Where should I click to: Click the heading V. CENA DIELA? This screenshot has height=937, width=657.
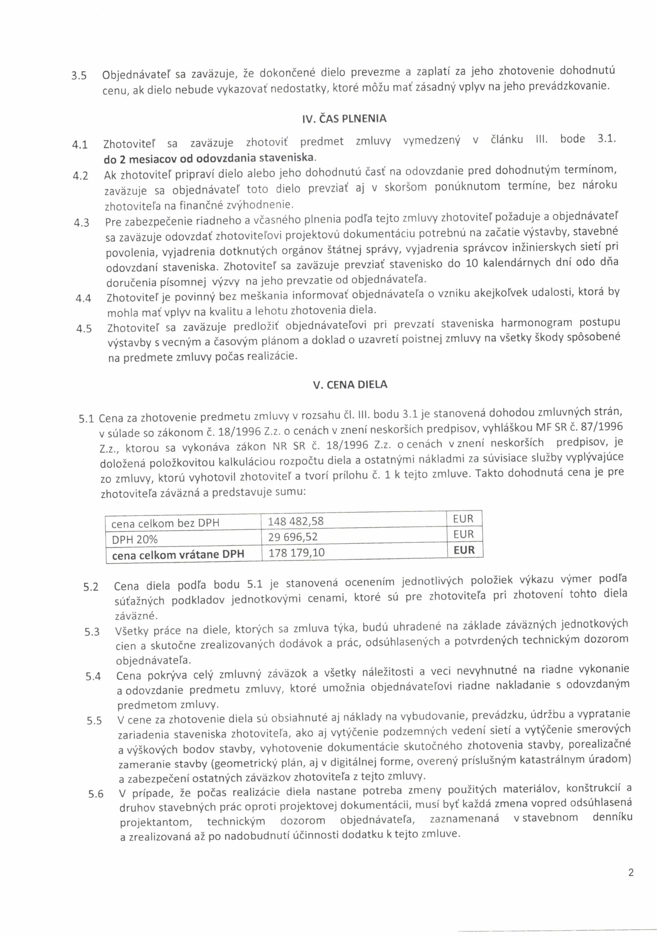coord(350,384)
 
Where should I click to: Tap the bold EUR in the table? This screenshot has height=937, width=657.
coord(464,550)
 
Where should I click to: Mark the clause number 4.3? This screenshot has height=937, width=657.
coord(82,223)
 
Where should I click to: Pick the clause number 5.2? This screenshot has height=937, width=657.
coord(91,587)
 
